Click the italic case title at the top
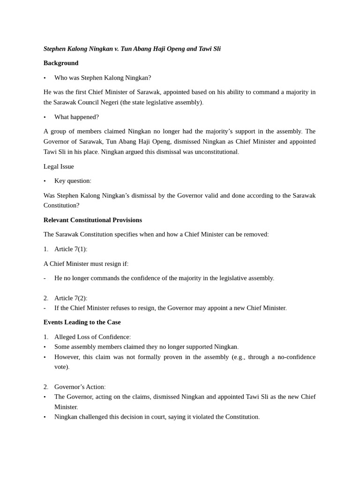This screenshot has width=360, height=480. (x=132, y=49)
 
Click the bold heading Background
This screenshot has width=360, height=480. (x=61, y=63)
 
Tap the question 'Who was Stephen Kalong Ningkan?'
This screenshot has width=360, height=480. (x=103, y=78)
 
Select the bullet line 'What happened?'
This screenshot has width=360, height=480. (x=76, y=117)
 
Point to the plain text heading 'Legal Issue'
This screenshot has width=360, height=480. (x=59, y=166)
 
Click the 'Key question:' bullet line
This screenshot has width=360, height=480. (x=73, y=181)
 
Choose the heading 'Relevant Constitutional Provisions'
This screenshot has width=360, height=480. (x=93, y=220)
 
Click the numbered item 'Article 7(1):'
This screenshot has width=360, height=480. (x=71, y=249)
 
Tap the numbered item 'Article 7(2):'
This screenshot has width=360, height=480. (x=71, y=298)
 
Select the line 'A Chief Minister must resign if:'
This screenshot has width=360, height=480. (x=86, y=263)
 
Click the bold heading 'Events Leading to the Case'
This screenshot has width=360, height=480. (x=82, y=322)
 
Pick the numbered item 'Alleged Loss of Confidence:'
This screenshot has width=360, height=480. (x=92, y=337)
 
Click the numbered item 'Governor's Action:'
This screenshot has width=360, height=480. (x=80, y=387)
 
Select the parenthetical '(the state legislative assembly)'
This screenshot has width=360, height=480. (x=162, y=102)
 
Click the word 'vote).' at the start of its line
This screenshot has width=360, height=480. (x=62, y=367)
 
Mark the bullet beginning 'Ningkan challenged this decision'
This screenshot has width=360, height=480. (x=157, y=417)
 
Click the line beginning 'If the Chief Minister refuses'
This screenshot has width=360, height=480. (x=170, y=308)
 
